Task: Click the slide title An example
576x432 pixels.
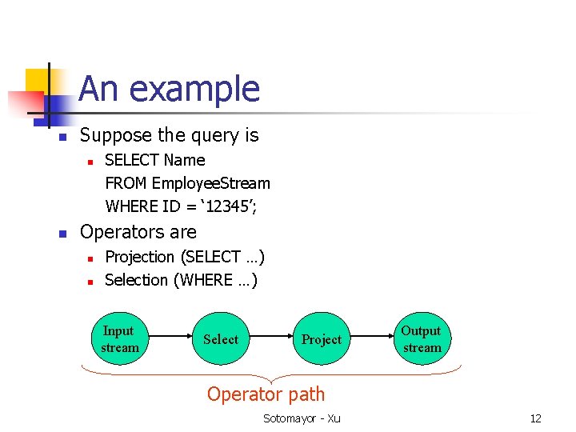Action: (x=170, y=89)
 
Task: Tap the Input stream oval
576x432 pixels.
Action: (x=119, y=339)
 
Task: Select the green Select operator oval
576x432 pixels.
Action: (x=221, y=339)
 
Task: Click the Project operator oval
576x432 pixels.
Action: (x=322, y=339)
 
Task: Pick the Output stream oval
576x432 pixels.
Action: (x=422, y=339)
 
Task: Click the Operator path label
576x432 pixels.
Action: (x=266, y=394)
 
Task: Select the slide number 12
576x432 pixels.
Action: (x=535, y=418)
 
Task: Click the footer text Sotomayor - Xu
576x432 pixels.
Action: (x=302, y=418)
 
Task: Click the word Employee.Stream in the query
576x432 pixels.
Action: (x=211, y=183)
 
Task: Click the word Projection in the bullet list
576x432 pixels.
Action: (x=140, y=257)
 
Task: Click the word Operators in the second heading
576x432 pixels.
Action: (x=117, y=232)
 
